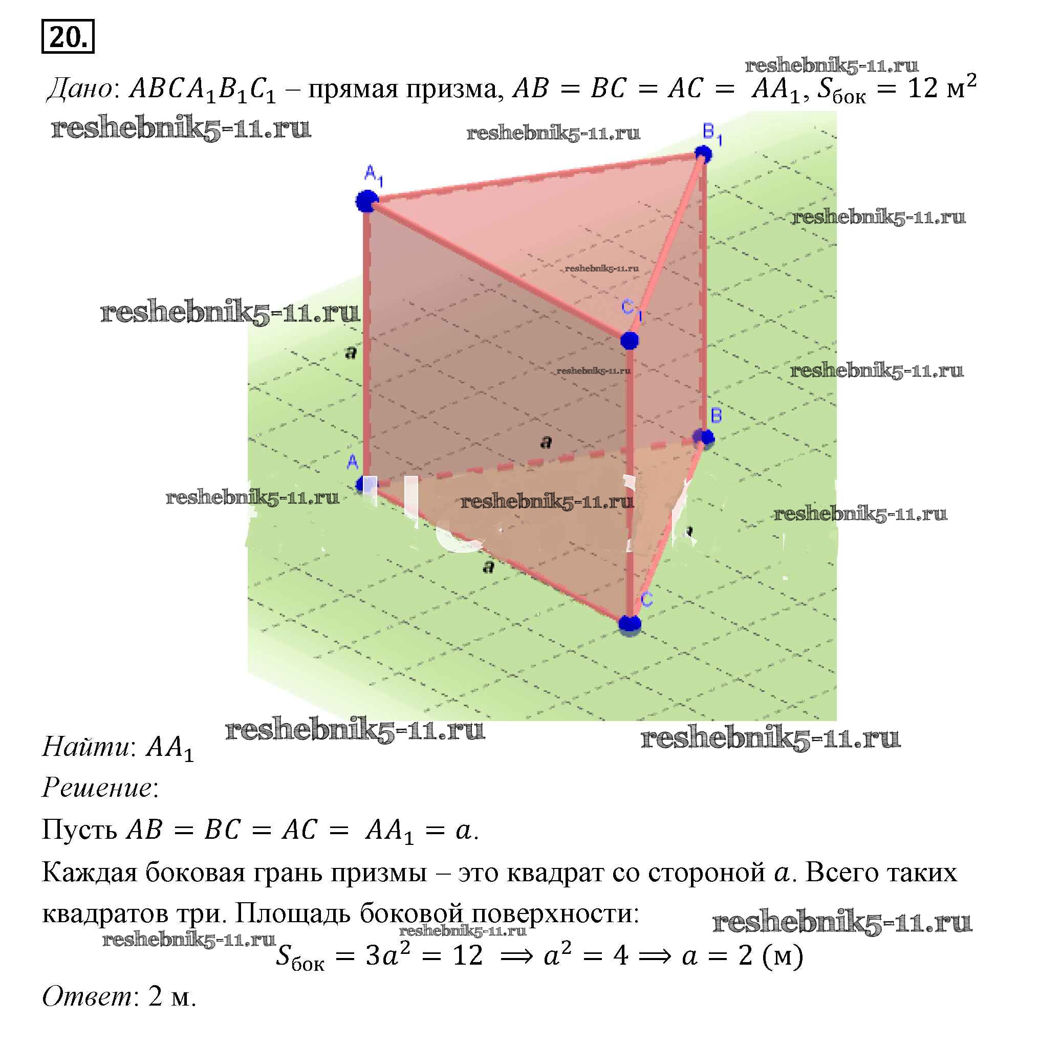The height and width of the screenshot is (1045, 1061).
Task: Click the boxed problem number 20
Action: click(68, 36)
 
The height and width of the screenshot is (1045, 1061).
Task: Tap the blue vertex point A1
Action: click(366, 201)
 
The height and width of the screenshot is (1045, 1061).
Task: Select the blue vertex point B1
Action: click(703, 154)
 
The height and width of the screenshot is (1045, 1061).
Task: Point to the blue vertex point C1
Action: click(629, 340)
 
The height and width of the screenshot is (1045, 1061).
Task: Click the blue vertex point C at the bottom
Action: click(629, 624)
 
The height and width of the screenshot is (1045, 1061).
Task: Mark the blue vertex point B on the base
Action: click(705, 438)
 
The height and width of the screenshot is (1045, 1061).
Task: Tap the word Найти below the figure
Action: click(86, 747)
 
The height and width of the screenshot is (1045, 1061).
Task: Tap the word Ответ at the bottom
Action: click(86, 995)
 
